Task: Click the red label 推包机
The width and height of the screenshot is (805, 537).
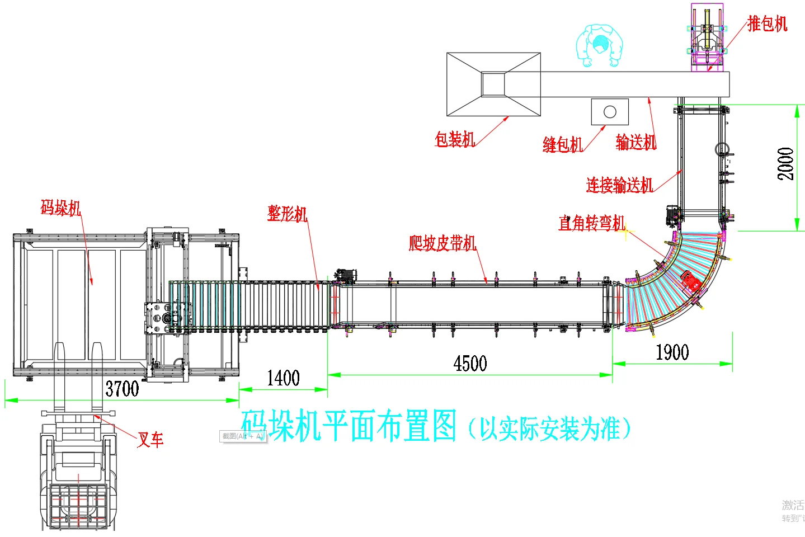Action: (x=767, y=23)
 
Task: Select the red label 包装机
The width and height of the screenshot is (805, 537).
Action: (x=455, y=139)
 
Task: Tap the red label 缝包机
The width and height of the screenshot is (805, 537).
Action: (x=562, y=144)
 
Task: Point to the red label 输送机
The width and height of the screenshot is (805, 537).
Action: (x=635, y=142)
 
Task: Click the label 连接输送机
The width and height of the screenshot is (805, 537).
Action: (x=619, y=185)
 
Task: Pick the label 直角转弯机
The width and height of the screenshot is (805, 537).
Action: (x=592, y=223)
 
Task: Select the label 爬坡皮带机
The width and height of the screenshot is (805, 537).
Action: (x=442, y=243)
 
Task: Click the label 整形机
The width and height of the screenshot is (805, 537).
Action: (x=287, y=213)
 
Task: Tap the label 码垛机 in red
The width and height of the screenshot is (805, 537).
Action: (x=61, y=208)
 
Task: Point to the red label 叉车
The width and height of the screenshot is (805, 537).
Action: (x=150, y=440)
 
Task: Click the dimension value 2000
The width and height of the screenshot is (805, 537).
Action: (x=785, y=163)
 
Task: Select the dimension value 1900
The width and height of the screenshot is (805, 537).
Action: (x=672, y=352)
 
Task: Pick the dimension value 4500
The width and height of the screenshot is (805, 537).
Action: (x=470, y=364)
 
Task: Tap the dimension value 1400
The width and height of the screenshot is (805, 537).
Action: (x=283, y=378)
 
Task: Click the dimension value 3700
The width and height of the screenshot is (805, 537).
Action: (x=122, y=388)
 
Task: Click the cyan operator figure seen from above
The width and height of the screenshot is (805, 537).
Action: (x=600, y=45)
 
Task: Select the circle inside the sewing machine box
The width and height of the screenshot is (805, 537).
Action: (x=610, y=112)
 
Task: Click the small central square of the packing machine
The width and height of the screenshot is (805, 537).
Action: (x=493, y=84)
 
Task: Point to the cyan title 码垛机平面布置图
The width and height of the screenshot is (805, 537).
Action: (x=349, y=426)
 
